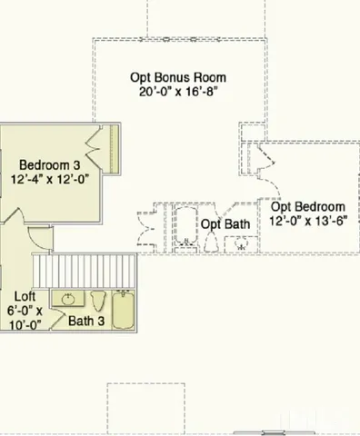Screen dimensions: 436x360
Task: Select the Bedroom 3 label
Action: click(50, 165)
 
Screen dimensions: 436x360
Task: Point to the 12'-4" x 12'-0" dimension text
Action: click(50, 181)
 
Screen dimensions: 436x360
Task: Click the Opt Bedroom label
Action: click(307, 206)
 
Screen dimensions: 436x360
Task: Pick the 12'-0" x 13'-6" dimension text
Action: click(307, 221)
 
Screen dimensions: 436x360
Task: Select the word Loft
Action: click(25, 296)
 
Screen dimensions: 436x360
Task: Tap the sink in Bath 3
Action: click(66, 298)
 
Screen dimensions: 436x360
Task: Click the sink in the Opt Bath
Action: click(241, 243)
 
